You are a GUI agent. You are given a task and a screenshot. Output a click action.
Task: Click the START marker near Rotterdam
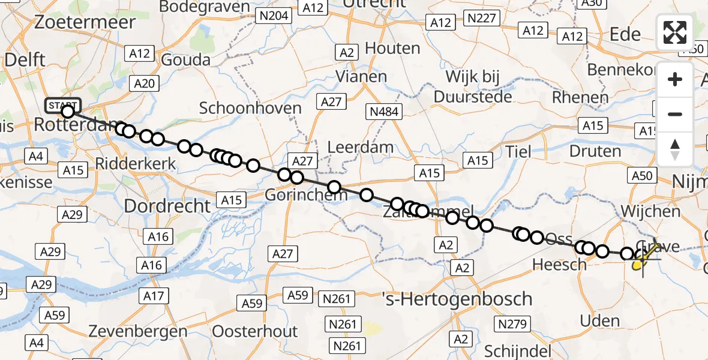(62, 106)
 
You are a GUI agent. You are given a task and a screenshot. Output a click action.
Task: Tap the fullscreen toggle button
(675, 32)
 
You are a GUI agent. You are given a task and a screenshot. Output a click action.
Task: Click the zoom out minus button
(675, 114)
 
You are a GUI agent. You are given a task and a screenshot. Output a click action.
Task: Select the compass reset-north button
(675, 149)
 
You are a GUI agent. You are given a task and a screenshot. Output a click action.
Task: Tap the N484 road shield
(385, 112)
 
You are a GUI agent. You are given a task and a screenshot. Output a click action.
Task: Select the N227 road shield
(482, 19)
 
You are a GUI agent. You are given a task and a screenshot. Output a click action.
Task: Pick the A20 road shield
(145, 83)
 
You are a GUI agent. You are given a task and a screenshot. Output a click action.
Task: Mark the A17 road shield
(154, 295)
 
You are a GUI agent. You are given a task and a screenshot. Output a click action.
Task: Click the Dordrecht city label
(167, 206)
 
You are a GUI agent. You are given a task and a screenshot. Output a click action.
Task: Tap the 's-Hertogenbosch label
(457, 298)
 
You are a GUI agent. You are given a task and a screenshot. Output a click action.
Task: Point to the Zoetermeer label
(85, 22)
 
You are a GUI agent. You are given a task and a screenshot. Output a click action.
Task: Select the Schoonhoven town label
(250, 108)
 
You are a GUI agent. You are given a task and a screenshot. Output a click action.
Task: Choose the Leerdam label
(361, 147)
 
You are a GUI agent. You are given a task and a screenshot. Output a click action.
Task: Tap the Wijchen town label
(651, 211)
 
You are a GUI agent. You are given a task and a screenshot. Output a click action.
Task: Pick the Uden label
(600, 321)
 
